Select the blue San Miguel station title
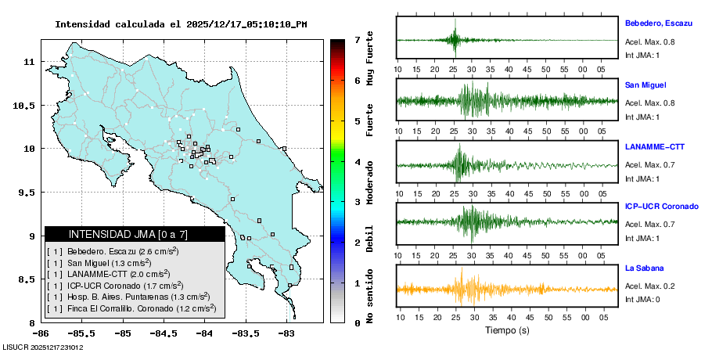pyautogui.click(x=645, y=85)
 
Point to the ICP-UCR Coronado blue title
pyautogui.click(x=661, y=207)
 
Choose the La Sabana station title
pyautogui.click(x=644, y=268)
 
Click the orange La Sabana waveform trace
pyautogui.click(x=506, y=290)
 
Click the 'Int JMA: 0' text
pyautogui.click(x=642, y=299)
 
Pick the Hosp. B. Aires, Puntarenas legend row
pyautogui.click(x=128, y=297)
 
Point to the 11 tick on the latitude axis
pyautogui.click(x=29, y=61)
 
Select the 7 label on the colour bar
pyautogui.click(x=357, y=39)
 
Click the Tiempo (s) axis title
pyautogui.click(x=506, y=330)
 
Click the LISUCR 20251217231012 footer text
pyautogui.click(x=43, y=347)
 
